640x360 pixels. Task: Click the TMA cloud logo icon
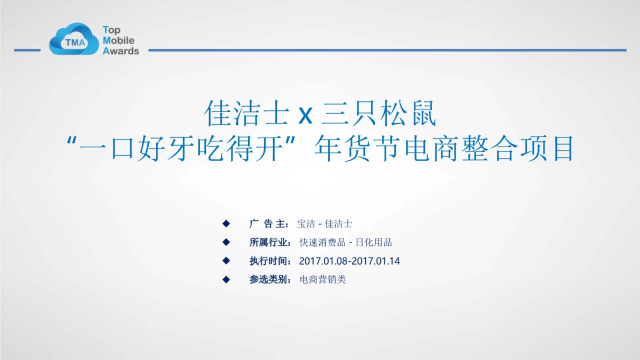[73, 39]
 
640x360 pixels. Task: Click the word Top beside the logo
[111, 30]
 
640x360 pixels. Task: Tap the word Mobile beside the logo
[118, 41]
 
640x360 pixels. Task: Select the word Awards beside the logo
[121, 51]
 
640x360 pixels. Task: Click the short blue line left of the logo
[27, 51]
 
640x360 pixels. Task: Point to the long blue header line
[387, 51]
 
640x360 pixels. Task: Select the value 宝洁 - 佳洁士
[324, 223]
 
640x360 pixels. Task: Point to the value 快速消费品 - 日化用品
[346, 242]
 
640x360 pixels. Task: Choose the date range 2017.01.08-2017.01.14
[349, 261]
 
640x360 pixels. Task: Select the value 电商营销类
[323, 279]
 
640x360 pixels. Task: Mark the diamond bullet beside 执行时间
[226, 260]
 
